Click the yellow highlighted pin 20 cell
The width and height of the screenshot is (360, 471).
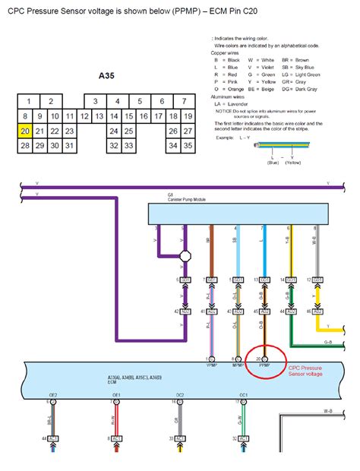pos(26,131)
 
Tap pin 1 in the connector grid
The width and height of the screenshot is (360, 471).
pos(28,101)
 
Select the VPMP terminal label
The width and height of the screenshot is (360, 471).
pos(210,364)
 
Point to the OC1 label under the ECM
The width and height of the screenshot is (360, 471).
pos(243,396)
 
